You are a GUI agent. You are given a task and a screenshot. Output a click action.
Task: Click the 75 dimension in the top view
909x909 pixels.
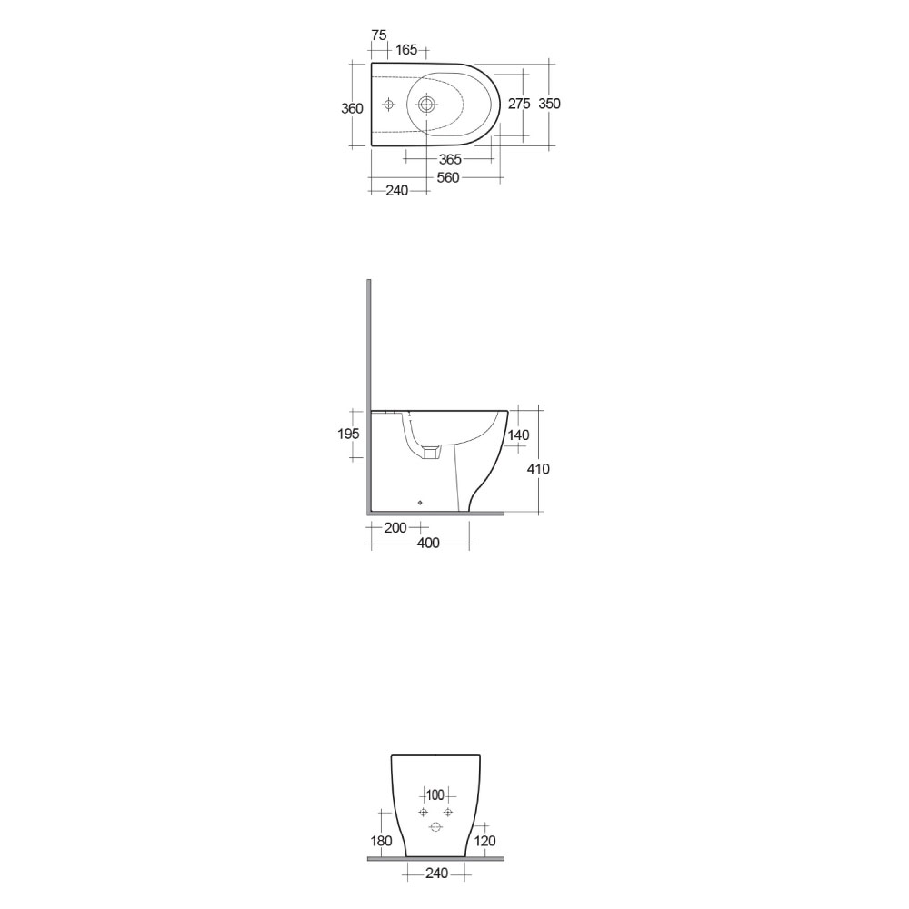tap(379, 35)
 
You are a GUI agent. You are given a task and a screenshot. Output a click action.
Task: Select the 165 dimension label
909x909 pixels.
tap(406, 49)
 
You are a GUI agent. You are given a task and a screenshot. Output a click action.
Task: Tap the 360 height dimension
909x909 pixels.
tap(352, 108)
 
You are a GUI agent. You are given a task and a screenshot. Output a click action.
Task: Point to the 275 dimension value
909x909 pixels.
tap(519, 104)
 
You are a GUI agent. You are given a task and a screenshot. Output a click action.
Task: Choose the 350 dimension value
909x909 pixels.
tap(549, 104)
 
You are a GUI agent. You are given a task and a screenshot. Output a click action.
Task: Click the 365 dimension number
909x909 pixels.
tap(450, 159)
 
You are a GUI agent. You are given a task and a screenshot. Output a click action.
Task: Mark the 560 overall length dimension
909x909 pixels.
tap(447, 177)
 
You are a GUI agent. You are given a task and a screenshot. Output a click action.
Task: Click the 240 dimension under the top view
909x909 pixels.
tap(396, 190)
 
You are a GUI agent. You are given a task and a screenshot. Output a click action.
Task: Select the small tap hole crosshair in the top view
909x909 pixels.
tap(389, 105)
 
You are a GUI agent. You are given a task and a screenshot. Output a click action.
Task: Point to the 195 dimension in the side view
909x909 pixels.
tap(349, 434)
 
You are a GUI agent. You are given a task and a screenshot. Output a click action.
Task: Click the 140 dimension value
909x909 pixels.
tap(518, 435)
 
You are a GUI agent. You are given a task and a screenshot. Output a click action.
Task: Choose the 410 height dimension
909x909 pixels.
tap(538, 468)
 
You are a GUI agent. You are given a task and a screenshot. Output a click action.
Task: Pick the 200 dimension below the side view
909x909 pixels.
tap(396, 528)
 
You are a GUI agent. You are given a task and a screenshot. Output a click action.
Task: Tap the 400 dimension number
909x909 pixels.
tap(427, 544)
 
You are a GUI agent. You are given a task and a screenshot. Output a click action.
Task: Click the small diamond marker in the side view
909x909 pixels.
tap(420, 501)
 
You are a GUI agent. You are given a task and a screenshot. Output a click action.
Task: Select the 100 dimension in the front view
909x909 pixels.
tap(435, 794)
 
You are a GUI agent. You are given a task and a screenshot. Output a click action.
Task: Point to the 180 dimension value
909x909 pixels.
tap(382, 841)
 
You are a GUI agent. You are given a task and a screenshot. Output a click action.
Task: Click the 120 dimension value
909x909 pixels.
tap(485, 841)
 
